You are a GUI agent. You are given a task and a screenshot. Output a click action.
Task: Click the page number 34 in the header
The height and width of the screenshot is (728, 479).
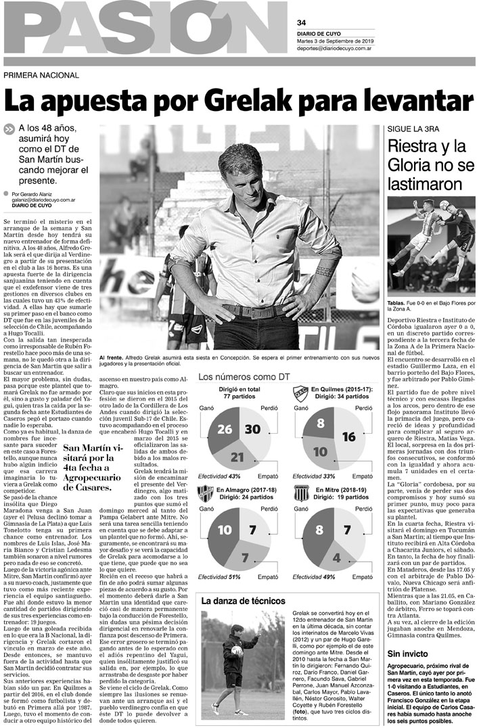301,22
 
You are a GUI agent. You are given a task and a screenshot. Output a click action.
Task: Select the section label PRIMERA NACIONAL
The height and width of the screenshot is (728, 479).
41,75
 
